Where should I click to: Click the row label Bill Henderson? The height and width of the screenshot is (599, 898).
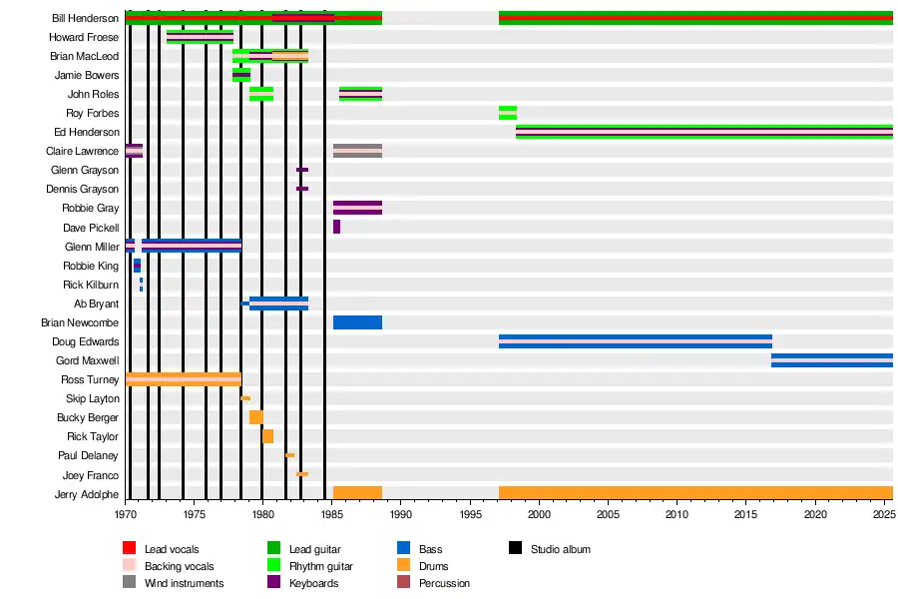point(86,18)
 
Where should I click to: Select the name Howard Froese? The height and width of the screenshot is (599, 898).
point(84,37)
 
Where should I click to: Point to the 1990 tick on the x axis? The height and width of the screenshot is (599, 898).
point(401,514)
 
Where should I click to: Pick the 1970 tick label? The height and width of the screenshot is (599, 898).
point(126,514)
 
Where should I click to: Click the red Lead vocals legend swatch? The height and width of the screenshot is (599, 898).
point(129,549)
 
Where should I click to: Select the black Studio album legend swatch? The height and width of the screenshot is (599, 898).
point(516,549)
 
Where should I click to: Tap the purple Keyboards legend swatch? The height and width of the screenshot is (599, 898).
point(273,583)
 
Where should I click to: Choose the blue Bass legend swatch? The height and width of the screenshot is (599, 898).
point(404,549)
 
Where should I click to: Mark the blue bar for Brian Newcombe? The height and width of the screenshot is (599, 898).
point(357,322)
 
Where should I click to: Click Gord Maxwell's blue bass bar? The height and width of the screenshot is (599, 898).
point(831,360)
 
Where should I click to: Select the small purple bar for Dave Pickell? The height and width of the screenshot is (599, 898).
point(336,227)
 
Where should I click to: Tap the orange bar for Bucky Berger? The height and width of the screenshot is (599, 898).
point(256,417)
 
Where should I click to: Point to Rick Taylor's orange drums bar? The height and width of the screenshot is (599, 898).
point(267,436)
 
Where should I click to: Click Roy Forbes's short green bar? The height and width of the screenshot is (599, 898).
point(508,113)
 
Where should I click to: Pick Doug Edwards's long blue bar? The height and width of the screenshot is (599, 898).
point(636,341)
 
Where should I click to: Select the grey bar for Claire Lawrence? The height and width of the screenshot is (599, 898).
point(357,151)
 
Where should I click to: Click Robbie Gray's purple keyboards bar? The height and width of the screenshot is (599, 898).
point(357,208)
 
